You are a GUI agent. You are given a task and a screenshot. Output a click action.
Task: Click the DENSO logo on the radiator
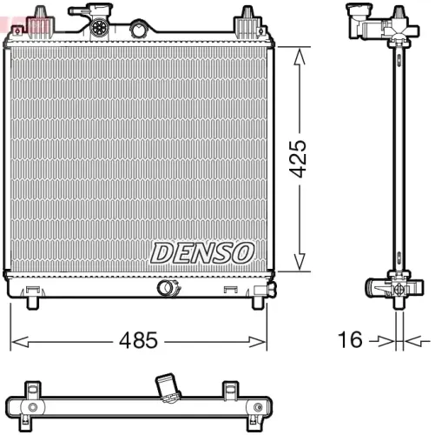pos(201,252)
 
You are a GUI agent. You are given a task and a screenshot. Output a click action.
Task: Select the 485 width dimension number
pos(140,340)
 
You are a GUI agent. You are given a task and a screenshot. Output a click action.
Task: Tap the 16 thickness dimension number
pos(349,340)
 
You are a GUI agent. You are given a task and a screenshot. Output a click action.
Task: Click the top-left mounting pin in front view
pos(38,16)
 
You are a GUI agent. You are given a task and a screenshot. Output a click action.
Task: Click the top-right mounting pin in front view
pos(248,16)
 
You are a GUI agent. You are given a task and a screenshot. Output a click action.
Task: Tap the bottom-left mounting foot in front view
pos(33,301)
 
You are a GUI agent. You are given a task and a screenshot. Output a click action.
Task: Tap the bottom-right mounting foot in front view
pos(258,301)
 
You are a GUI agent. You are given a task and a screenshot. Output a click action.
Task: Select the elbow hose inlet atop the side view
pos(358,19)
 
